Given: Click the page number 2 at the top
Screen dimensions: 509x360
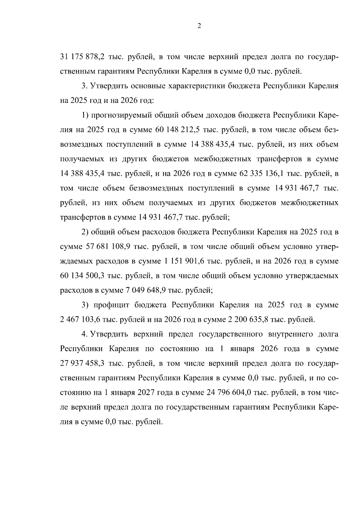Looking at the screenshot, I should tap(199, 26).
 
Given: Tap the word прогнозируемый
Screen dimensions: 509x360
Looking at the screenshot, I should tap(120, 115).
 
